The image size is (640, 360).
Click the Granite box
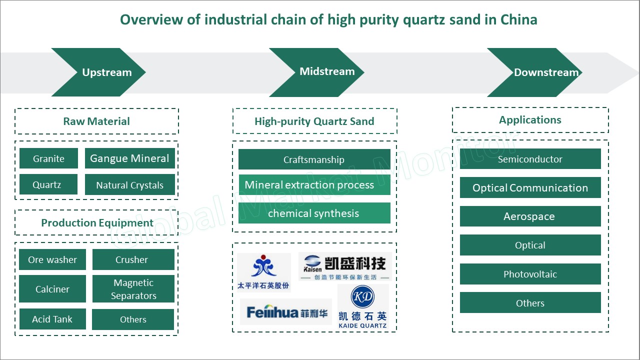pos(48,158)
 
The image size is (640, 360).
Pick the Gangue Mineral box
pos(129,158)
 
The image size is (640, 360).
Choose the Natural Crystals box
pos(129,184)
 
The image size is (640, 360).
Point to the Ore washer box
pos(52,259)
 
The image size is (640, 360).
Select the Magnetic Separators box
pos(133,289)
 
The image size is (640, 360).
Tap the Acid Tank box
pos(52,319)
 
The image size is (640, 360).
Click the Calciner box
pos(52,289)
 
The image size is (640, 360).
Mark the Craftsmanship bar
pos(314,159)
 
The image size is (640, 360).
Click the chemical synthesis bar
pos(314,213)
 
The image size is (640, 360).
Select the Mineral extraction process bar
pos(314,185)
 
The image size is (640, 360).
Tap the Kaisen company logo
pos(345,266)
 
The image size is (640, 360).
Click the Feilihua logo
pos(286,311)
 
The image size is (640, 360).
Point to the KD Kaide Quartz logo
pos(363,306)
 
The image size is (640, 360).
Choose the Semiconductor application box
pos(530,159)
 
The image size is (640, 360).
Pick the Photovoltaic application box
pos(530,274)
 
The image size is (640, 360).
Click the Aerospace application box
pos(530,216)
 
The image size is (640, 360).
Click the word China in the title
pos(518,19)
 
